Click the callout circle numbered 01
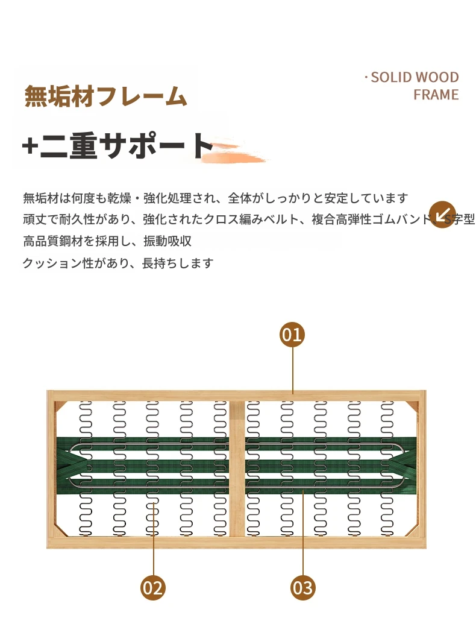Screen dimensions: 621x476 pyautogui.click(x=292, y=334)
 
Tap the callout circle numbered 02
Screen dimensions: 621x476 pyautogui.click(x=153, y=587)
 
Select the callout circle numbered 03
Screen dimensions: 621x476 pyautogui.click(x=303, y=587)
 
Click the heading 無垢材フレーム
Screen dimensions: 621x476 pyautogui.click(x=105, y=96)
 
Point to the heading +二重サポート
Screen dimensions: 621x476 pyautogui.click(x=118, y=146)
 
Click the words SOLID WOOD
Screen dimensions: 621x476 pyautogui.click(x=415, y=77)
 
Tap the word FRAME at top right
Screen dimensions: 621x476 pyautogui.click(x=436, y=95)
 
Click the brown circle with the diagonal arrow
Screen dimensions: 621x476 pyautogui.click(x=442, y=214)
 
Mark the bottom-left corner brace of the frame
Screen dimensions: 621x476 pyautogui.click(x=58, y=531)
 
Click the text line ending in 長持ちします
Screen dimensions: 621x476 pyautogui.click(x=118, y=263)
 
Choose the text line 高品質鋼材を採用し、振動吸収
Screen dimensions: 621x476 pyautogui.click(x=107, y=241)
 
